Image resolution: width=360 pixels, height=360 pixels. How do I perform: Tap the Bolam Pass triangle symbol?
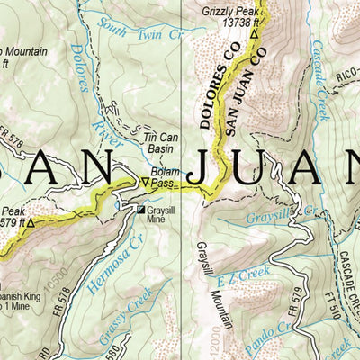coord(144,183)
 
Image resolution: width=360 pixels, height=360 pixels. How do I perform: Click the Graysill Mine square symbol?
coord(139,210)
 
